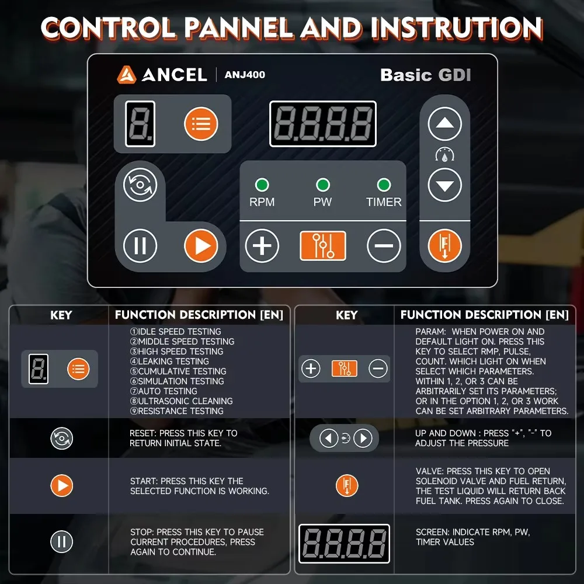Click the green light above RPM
pos(262,186)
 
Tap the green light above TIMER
pos(384,185)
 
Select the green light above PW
pos(322,185)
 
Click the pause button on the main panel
pos(140,246)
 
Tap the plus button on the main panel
pos(262,246)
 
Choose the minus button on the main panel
pos(384,246)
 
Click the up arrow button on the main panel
pos(444,124)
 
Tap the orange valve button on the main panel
pos(444,246)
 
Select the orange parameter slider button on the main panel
pos(322,246)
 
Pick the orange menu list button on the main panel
pos(201,124)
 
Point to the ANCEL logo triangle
pos(126,75)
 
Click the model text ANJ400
pos(245,75)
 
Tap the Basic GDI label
pos(425,75)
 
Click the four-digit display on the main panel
pos(322,124)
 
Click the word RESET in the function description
pos(143,433)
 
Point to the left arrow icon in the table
pos(328,438)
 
